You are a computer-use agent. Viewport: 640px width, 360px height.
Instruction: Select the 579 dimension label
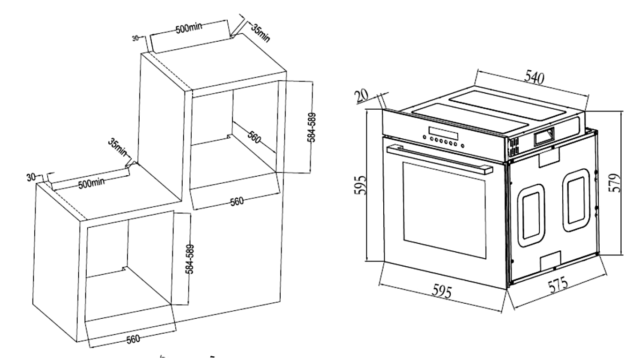pos(615,183)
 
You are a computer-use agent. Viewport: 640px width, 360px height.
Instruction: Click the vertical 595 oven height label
pos(360,185)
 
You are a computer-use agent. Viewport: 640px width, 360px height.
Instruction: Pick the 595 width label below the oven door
pos(442,291)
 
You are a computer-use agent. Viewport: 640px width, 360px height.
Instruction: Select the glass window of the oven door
pos(445,210)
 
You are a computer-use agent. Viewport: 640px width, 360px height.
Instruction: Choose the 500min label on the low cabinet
pos(91,183)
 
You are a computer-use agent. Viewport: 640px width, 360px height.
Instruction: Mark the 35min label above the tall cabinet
pos(260,33)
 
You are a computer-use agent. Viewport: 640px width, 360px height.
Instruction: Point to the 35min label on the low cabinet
pos(118,148)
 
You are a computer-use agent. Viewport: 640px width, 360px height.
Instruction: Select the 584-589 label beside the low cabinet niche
pos(190,259)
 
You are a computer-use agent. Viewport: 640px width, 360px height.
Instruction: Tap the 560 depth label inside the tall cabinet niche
pos(254,137)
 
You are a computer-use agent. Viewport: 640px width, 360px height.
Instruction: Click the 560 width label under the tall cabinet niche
pos(237,201)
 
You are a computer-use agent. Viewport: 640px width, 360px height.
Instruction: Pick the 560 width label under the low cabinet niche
pos(133,339)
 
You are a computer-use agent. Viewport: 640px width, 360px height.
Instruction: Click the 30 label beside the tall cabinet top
pos(135,38)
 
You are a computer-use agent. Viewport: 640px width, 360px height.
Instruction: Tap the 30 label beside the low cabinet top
pos(31,177)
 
